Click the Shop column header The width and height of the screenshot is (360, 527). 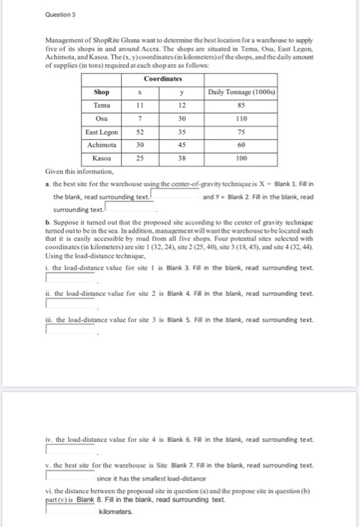102,91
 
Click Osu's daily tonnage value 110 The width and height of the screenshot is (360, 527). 241,118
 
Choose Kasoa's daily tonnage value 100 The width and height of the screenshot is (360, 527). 241,159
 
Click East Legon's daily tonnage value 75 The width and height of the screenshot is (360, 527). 241,132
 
